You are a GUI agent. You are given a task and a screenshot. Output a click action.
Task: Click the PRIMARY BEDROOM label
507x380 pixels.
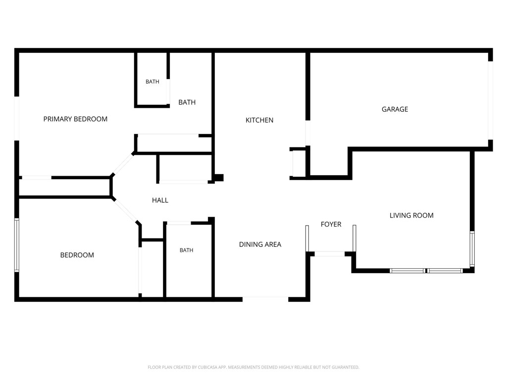(75, 119)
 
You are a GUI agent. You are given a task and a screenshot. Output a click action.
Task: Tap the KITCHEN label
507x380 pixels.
(259, 120)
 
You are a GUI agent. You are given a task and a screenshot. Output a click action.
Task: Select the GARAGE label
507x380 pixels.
(395, 109)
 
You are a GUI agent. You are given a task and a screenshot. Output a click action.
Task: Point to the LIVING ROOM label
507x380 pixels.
(411, 215)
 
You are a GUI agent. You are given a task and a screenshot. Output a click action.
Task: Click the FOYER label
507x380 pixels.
(331, 224)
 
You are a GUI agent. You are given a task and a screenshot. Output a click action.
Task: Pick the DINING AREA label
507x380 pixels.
(260, 244)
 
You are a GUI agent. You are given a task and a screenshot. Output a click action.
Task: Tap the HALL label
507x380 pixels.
(160, 200)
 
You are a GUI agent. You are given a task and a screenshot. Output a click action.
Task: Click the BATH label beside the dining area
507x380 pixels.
(186, 250)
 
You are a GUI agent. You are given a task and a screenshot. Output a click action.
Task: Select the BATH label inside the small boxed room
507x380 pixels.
(152, 82)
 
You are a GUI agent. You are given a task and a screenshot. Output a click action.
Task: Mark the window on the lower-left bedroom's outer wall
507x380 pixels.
(16, 245)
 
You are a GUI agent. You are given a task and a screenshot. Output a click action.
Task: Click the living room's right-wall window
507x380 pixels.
(472, 248)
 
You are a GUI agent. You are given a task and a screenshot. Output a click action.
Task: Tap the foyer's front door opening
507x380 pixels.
(329, 254)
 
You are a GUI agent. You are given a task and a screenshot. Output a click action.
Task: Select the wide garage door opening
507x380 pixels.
(491, 100)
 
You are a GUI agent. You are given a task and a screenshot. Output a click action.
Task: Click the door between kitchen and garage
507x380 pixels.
(308, 133)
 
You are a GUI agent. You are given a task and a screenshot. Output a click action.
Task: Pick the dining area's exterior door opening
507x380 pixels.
(265, 299)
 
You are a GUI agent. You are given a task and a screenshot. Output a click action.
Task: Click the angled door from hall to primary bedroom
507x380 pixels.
(123, 164)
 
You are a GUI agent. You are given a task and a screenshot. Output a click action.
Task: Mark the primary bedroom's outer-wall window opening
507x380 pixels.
(16, 118)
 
